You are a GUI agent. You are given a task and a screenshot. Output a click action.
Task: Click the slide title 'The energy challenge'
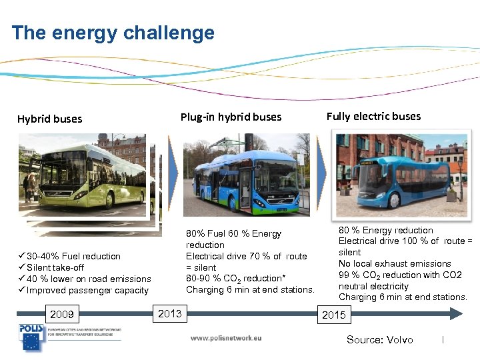point(113,33)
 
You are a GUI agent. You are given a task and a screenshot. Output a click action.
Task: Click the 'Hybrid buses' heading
point(49,119)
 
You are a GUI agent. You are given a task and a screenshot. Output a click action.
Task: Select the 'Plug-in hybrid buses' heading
point(231,117)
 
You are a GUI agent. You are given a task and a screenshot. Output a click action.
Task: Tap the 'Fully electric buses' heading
point(373,116)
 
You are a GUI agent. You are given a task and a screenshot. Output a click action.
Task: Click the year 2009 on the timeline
point(62,314)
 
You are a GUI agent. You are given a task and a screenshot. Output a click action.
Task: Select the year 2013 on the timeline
point(170,313)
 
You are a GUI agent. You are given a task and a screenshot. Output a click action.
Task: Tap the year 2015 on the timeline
point(333,315)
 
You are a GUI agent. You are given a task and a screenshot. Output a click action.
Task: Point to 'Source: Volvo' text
point(379,340)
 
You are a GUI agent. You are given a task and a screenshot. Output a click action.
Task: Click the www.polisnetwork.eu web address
point(226,338)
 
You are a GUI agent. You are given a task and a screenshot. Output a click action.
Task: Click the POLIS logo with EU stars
point(31,338)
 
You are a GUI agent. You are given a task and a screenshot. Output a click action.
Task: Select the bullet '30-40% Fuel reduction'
point(73,256)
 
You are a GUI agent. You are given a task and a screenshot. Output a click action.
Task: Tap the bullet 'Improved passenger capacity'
point(87,290)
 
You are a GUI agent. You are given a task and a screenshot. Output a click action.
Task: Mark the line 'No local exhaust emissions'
point(395,263)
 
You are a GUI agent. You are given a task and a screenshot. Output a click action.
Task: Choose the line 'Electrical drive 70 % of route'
point(247,256)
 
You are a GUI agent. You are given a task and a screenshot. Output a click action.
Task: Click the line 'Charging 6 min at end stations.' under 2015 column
point(403,297)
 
